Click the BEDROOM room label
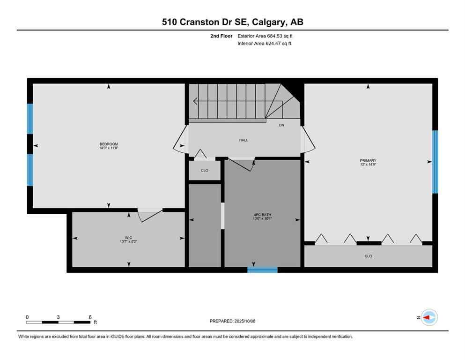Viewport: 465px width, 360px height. click(x=109, y=144)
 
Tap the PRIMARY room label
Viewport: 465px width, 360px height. click(x=369, y=160)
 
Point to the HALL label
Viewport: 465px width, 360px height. click(x=243, y=140)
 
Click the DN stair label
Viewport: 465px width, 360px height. click(x=281, y=125)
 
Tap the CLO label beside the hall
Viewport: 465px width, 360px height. click(x=205, y=170)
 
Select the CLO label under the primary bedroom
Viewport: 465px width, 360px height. click(x=369, y=256)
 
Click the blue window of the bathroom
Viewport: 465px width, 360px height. click(x=262, y=270)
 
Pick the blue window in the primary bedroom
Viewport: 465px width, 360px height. click(x=435, y=162)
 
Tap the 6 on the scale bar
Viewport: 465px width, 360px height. click(x=90, y=317)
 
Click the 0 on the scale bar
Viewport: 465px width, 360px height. click(x=27, y=317)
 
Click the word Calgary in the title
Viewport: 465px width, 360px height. click(x=271, y=22)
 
